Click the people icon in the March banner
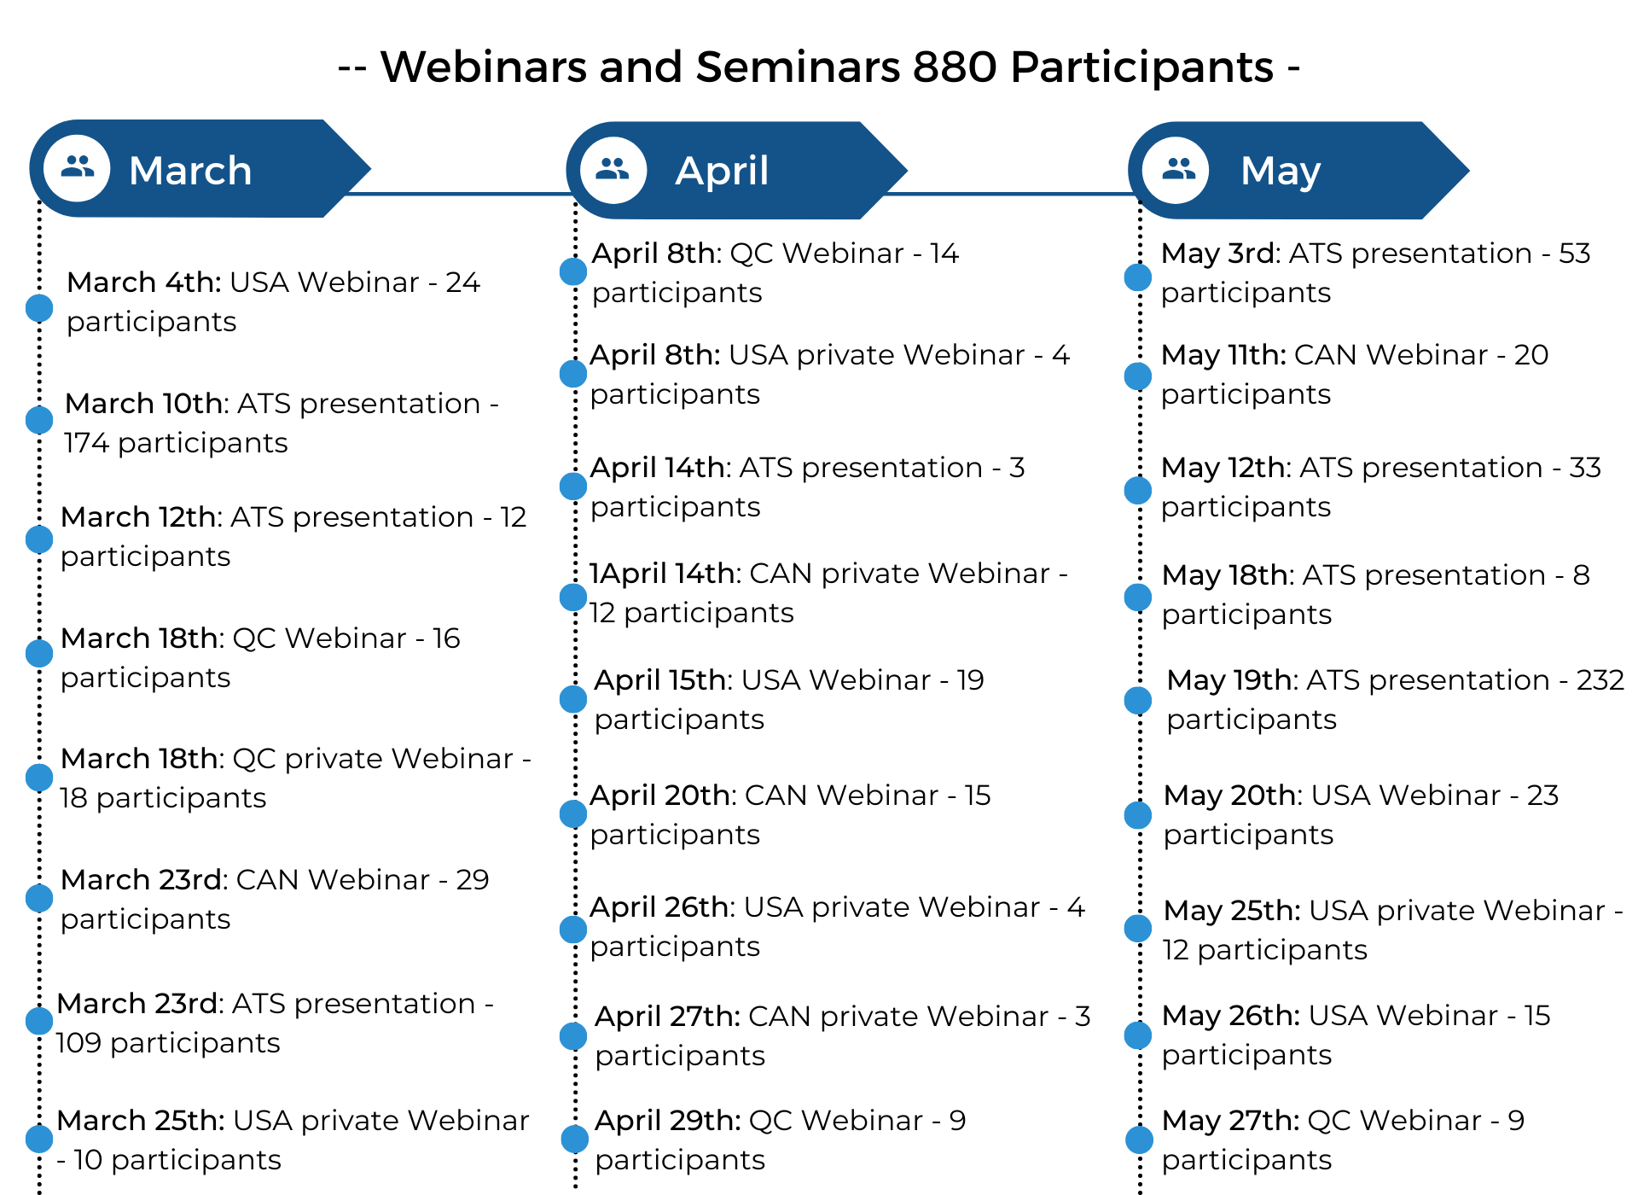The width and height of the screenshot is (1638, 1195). (x=78, y=166)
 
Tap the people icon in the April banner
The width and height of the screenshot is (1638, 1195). (x=613, y=169)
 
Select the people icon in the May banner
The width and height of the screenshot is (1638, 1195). (x=1178, y=169)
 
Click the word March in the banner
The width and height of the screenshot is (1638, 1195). (x=190, y=170)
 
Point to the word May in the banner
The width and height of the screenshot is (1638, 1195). (x=1281, y=172)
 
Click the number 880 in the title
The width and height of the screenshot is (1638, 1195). (x=955, y=67)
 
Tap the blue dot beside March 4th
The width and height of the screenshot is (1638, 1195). (x=39, y=308)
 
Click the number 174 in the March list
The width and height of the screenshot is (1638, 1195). (x=86, y=443)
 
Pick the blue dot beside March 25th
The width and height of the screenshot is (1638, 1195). (x=39, y=1139)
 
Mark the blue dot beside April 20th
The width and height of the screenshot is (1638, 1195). (x=573, y=814)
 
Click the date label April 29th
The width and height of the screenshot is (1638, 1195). (x=667, y=1121)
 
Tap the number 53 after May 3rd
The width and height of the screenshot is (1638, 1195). (x=1574, y=254)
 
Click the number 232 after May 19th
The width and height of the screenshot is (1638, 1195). (x=1600, y=680)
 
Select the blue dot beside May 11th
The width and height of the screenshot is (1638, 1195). (x=1138, y=376)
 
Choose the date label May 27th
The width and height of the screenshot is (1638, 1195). (x=1230, y=1121)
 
